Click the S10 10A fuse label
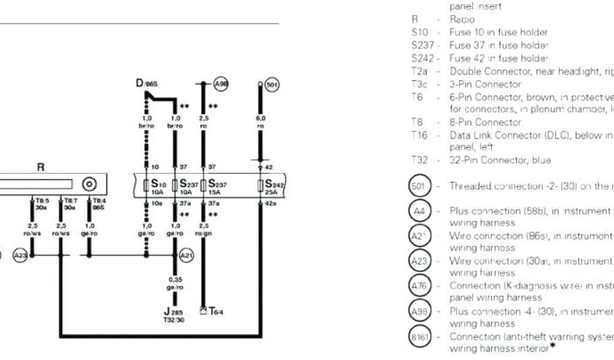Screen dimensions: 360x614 tap(158, 187)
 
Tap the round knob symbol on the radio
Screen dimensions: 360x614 tap(89, 184)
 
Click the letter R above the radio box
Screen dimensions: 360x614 tap(41, 167)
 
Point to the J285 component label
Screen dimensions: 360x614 tap(174, 315)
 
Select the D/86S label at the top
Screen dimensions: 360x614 tap(146, 85)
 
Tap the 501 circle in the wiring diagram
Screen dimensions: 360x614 tap(272, 85)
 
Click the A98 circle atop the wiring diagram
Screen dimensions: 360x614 tap(221, 85)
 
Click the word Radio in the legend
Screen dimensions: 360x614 tap(462, 20)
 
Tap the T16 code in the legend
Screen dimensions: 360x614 tap(419, 136)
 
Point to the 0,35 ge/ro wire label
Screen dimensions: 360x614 tap(174, 283)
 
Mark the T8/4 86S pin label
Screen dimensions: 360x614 tap(98, 204)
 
